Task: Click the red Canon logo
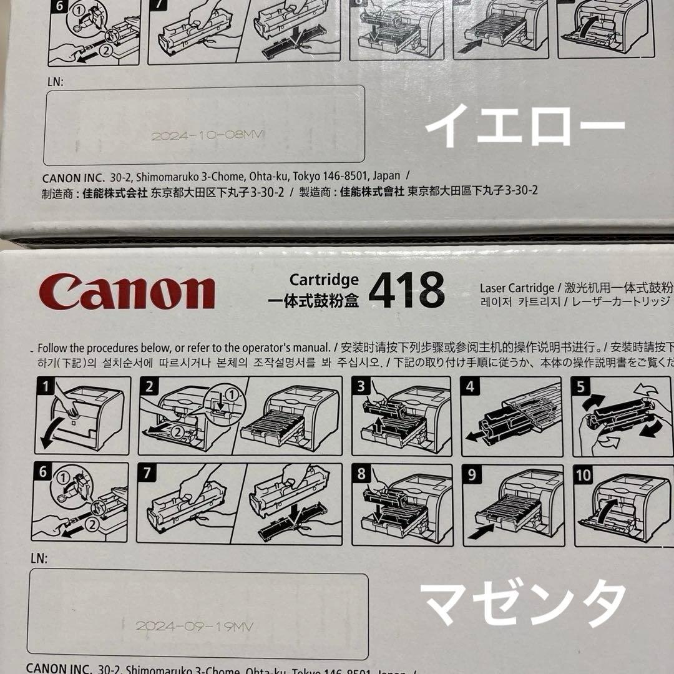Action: click(127, 292)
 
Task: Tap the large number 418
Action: click(406, 290)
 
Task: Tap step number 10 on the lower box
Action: click(584, 475)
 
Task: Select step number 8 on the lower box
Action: click(361, 475)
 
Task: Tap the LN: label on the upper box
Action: click(56, 81)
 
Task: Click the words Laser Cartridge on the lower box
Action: click(517, 288)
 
